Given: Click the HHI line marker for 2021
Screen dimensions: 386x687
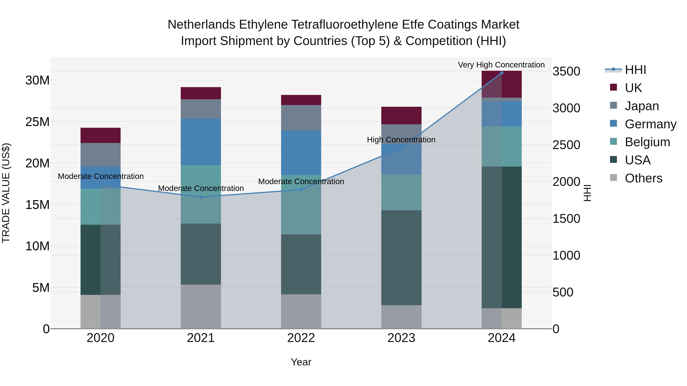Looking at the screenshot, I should point(201,197).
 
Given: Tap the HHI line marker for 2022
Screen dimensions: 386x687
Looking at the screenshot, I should point(301,190).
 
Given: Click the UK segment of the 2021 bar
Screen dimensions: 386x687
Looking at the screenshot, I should point(201,93).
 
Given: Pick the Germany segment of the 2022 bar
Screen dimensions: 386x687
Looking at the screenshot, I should point(301,153).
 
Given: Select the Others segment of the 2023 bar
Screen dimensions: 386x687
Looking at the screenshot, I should point(401,317).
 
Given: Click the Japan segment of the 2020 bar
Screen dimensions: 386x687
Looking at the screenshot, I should point(101,155).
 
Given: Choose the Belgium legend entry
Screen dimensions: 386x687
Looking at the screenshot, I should point(647,142).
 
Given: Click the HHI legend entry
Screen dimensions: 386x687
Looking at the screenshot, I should point(635,70).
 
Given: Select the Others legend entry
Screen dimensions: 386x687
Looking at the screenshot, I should point(643,178).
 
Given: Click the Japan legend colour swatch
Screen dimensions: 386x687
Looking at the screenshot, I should point(613,105).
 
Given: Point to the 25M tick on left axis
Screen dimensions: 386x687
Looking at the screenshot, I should point(37,122).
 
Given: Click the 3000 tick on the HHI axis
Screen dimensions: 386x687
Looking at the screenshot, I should point(566,108).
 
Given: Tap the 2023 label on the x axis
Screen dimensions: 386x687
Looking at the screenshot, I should point(401,338).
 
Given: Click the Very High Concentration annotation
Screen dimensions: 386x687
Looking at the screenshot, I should point(501,65).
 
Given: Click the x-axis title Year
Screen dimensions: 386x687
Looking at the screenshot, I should point(301,362).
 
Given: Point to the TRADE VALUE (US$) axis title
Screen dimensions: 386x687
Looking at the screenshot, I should point(6,193).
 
